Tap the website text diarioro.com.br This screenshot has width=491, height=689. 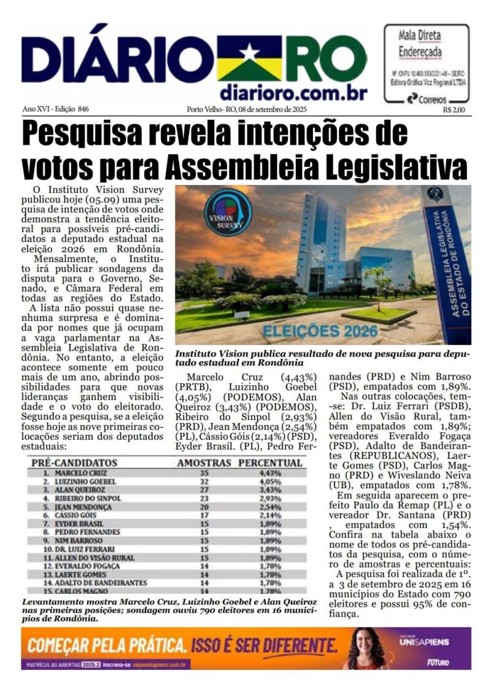pyautogui.click(x=293, y=92)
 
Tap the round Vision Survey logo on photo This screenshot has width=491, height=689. pyautogui.click(x=228, y=212)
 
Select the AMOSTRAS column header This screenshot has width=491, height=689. pyautogui.click(x=204, y=463)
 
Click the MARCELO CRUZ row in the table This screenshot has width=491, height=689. pyautogui.click(x=80, y=473)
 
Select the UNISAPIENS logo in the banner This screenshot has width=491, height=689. pyautogui.click(x=427, y=642)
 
